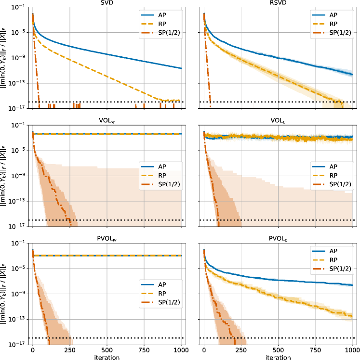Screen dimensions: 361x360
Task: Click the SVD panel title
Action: click(x=107, y=3)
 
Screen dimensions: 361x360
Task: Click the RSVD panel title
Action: click(x=278, y=3)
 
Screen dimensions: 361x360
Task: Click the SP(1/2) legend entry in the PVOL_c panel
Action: click(x=333, y=268)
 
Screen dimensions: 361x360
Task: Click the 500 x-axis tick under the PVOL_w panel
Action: click(x=107, y=351)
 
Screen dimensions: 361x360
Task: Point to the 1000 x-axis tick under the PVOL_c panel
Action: click(x=352, y=351)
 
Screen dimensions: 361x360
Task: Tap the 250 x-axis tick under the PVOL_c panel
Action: click(x=241, y=351)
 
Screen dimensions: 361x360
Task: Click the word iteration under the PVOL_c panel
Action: click(x=278, y=358)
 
